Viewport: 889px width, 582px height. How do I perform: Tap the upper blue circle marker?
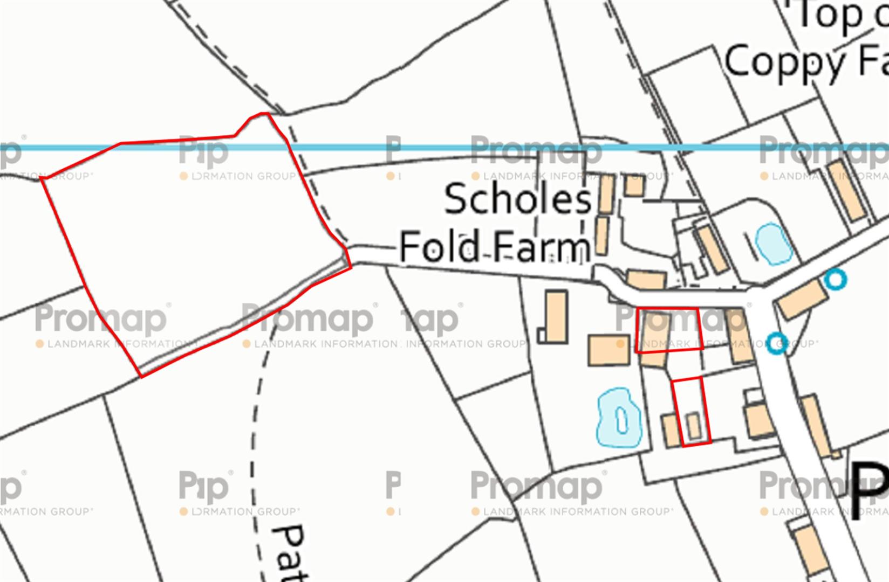tap(836, 279)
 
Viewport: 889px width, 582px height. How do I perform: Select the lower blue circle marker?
tap(777, 343)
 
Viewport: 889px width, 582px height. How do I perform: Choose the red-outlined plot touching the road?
tap(669, 329)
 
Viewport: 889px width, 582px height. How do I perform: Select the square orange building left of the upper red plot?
tap(608, 350)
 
